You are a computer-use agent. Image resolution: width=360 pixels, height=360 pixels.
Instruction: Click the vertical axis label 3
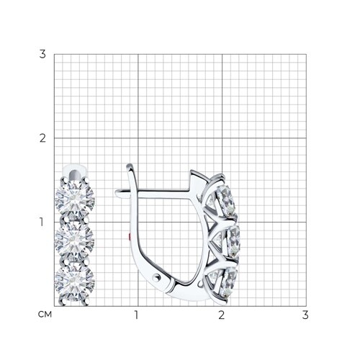tap(42, 54)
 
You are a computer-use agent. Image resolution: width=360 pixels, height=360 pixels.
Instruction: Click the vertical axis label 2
tap(42, 138)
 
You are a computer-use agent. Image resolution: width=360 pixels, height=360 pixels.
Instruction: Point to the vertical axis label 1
tap(42, 222)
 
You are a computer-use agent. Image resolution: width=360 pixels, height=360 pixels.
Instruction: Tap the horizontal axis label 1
tap(137, 315)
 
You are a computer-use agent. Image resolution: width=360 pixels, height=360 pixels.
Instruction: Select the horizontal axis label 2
tap(222, 315)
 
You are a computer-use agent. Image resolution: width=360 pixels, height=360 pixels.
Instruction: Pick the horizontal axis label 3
tap(305, 315)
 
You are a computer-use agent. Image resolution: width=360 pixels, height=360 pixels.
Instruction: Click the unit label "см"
tap(45, 315)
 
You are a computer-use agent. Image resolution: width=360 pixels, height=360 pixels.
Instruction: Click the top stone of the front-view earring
tap(75, 199)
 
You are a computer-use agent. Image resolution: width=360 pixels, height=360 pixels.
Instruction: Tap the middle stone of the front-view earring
tap(74, 240)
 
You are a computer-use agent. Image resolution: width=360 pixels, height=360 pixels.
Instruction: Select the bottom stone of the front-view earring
tap(75, 282)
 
